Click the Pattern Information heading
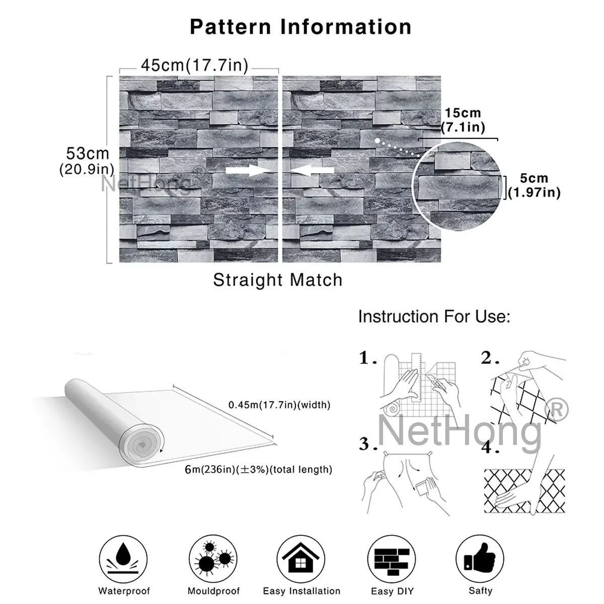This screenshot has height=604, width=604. [x=300, y=27]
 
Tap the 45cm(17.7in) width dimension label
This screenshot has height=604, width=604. [x=194, y=65]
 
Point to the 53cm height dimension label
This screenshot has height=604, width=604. [x=87, y=161]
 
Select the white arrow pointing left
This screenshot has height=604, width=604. [x=312, y=171]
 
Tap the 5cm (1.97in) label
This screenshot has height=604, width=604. [x=534, y=185]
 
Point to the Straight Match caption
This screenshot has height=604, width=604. [x=278, y=280]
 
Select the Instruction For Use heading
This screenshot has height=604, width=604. [x=434, y=317]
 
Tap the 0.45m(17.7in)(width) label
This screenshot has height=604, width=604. [x=279, y=405]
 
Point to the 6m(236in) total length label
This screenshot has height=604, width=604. [x=259, y=470]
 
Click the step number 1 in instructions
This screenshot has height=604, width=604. [x=367, y=358]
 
